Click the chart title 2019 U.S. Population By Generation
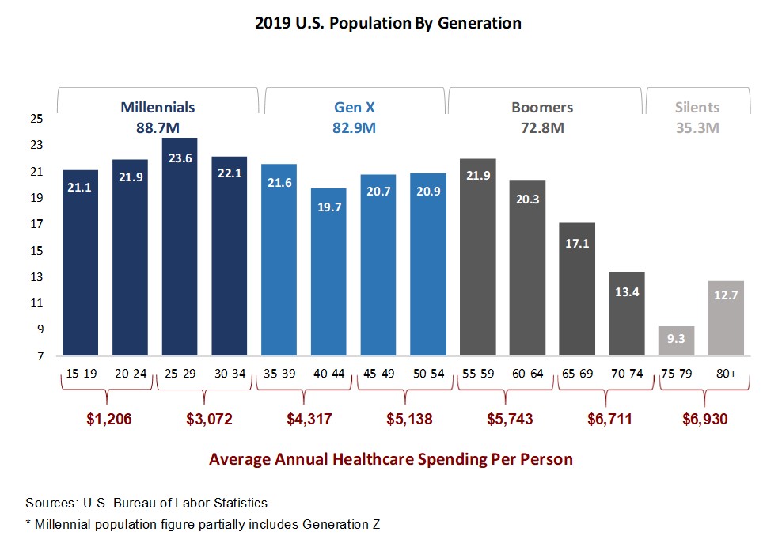tap(388, 23)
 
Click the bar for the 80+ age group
tap(725, 318)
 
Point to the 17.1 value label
tap(576, 243)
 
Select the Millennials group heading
tap(158, 107)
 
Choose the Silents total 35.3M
tap(697, 127)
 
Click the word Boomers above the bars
tap(542, 107)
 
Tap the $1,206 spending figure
tap(108, 419)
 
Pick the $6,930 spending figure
tap(704, 419)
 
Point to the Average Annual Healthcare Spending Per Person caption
tap(390, 459)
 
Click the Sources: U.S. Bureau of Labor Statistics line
tap(146, 503)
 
